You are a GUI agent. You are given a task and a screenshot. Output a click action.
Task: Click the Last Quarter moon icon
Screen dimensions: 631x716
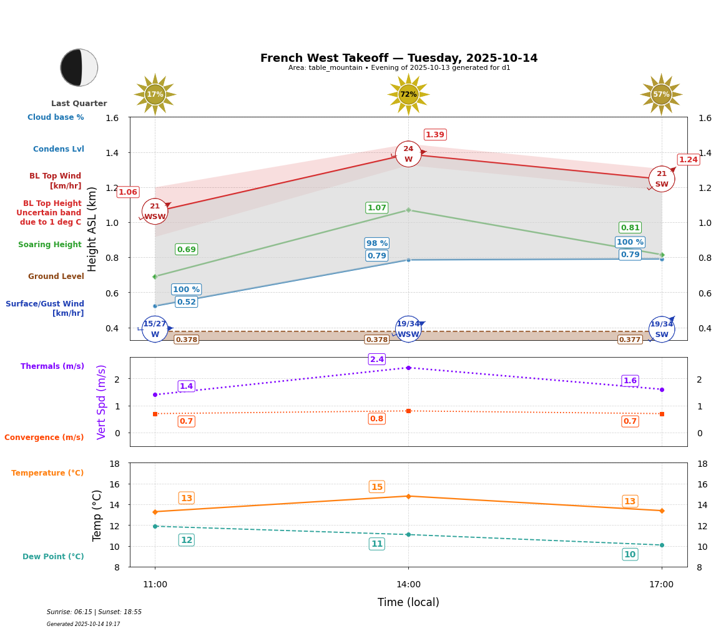click(x=79, y=67)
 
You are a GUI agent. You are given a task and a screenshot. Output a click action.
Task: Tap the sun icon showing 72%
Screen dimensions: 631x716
click(x=408, y=94)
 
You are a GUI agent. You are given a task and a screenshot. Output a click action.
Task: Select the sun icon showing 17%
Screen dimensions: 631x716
click(x=155, y=94)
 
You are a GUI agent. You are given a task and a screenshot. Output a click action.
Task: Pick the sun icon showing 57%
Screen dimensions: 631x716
click(x=661, y=94)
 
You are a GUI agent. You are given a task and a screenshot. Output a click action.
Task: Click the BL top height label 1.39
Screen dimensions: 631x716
click(x=435, y=135)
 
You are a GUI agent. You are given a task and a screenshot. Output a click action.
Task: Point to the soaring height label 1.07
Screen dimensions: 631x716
click(x=377, y=208)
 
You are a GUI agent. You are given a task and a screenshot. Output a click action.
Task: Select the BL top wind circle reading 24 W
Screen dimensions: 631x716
click(x=408, y=154)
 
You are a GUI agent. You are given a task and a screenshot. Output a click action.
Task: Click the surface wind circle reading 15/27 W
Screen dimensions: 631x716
click(x=155, y=329)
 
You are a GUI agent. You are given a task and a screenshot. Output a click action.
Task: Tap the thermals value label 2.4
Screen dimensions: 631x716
click(x=377, y=360)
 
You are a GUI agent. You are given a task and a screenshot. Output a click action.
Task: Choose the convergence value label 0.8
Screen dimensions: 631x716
click(x=377, y=419)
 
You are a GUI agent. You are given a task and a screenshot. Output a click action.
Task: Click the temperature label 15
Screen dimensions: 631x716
click(x=377, y=487)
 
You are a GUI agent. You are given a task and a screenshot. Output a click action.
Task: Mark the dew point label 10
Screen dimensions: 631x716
click(x=630, y=554)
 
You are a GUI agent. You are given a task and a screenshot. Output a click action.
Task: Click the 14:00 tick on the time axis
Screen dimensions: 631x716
click(x=408, y=584)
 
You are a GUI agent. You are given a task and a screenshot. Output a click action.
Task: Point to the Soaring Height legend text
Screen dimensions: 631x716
click(x=50, y=245)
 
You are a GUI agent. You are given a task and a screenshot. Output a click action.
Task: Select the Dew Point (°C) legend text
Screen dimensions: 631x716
click(x=53, y=557)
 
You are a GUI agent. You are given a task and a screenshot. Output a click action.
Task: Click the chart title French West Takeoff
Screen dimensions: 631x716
click(x=399, y=58)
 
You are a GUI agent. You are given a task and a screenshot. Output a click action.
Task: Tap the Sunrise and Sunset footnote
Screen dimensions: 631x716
click(x=94, y=612)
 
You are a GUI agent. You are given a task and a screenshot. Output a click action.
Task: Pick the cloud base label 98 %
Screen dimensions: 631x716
click(x=377, y=243)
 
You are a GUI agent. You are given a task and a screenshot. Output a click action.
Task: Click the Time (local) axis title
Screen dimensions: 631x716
click(x=408, y=602)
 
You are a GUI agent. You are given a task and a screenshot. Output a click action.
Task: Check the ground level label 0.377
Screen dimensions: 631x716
click(x=630, y=340)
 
